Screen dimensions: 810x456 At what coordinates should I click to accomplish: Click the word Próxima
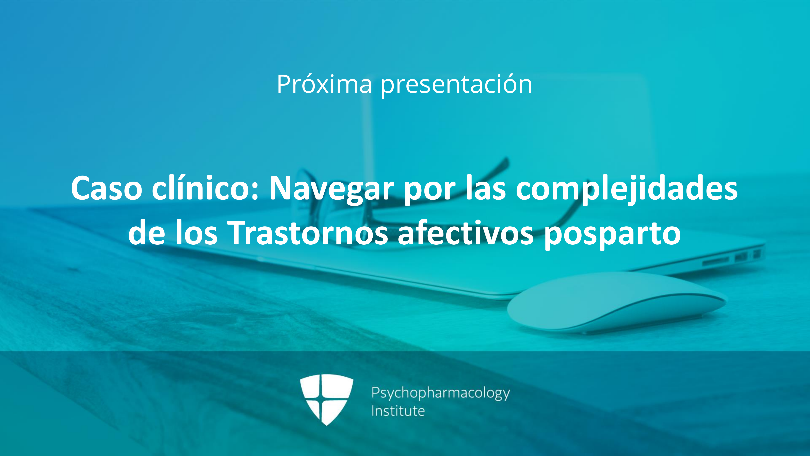coord(324,84)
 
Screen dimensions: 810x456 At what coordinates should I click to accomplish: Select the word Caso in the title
coord(107,188)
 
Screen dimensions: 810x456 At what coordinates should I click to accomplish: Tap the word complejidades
coord(627,189)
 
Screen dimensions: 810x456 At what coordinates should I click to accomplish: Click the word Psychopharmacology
coord(440,393)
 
